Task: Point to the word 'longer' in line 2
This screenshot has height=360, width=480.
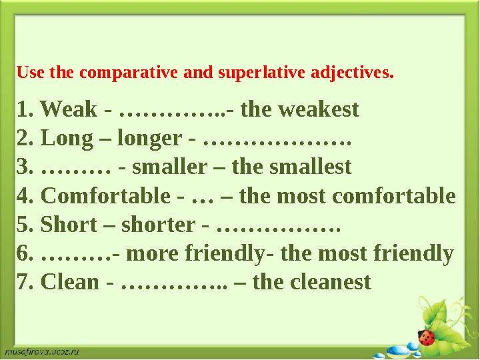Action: (149, 138)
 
